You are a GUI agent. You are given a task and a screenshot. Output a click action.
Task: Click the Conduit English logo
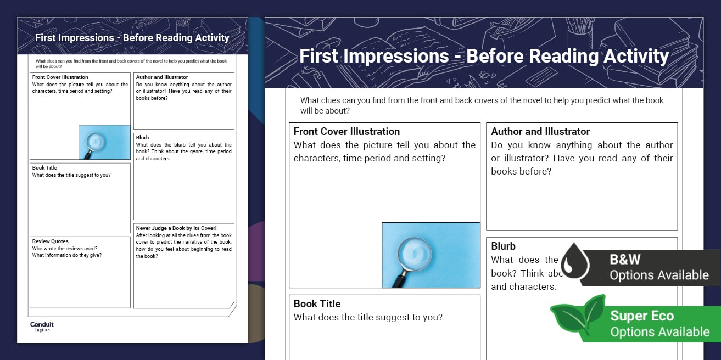point(42,327)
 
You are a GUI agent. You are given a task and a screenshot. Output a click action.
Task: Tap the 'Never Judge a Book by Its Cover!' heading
point(176,228)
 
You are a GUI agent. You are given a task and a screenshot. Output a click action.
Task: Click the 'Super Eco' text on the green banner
point(642,316)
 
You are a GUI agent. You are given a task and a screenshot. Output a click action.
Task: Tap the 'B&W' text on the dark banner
point(625,259)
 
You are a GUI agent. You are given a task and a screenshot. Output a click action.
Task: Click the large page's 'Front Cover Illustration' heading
point(346,132)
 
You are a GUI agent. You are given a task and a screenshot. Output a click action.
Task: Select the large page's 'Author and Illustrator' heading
point(540,132)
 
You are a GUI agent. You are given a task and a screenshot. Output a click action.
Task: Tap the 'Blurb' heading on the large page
point(503,246)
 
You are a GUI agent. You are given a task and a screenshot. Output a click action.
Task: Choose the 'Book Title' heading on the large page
point(317,304)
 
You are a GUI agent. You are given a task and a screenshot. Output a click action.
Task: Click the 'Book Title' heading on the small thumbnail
point(44,168)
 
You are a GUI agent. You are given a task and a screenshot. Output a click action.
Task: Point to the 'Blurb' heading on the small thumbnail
point(142,138)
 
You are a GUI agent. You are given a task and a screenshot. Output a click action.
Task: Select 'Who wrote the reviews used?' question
point(65,248)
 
